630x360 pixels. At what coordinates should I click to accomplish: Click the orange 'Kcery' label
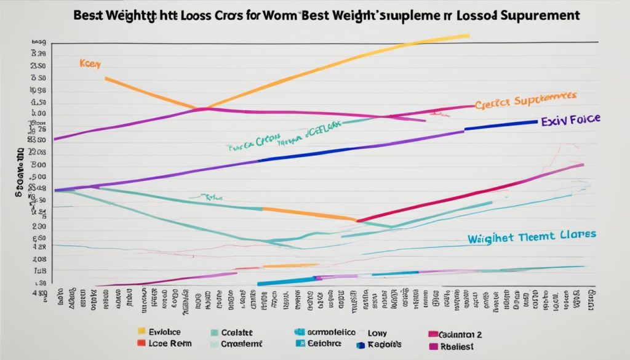click(90, 63)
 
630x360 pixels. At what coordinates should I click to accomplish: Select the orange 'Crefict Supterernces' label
click(525, 101)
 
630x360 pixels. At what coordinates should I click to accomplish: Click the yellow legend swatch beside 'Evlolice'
click(142, 330)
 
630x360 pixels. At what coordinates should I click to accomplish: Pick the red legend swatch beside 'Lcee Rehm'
click(142, 343)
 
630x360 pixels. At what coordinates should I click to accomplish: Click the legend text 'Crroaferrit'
click(242, 343)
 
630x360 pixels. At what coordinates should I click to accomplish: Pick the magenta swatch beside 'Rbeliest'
click(434, 346)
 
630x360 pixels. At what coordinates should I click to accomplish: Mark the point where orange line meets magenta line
click(204, 108)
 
